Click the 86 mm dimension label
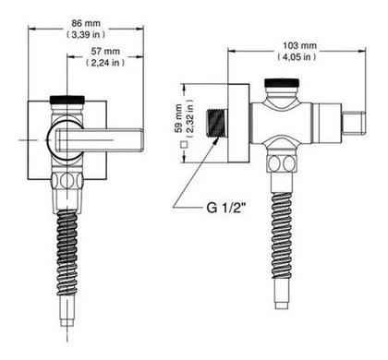click(x=86, y=23)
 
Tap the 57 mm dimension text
click(x=105, y=51)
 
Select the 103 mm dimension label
click(x=299, y=45)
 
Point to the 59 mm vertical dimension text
click(x=177, y=118)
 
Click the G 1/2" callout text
click(x=226, y=208)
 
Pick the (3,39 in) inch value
click(x=86, y=34)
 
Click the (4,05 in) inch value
click(x=297, y=57)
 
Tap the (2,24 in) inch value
click(x=105, y=63)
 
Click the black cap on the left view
click(x=67, y=100)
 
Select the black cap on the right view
click(x=282, y=82)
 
